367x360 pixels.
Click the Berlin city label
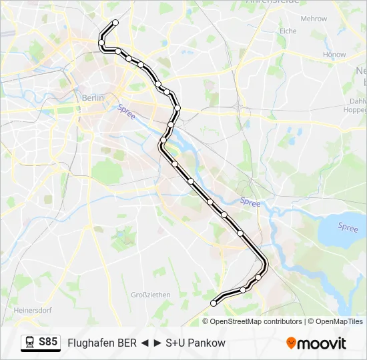coord(93,97)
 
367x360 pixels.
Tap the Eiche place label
coord(288,31)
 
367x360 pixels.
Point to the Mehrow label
coord(314,19)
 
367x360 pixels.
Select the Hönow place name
coord(334,55)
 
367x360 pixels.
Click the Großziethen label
coord(150,295)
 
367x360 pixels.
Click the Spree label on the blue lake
coord(348,227)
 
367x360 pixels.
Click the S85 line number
coord(48,342)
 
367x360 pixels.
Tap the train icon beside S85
coord(29,343)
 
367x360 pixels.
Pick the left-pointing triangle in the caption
coord(143,343)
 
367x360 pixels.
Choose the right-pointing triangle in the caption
coord(157,343)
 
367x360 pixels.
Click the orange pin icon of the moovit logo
coord(291,343)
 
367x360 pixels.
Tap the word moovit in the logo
coord(322,343)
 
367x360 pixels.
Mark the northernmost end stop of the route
coord(115,23)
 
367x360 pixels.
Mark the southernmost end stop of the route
coord(214,303)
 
